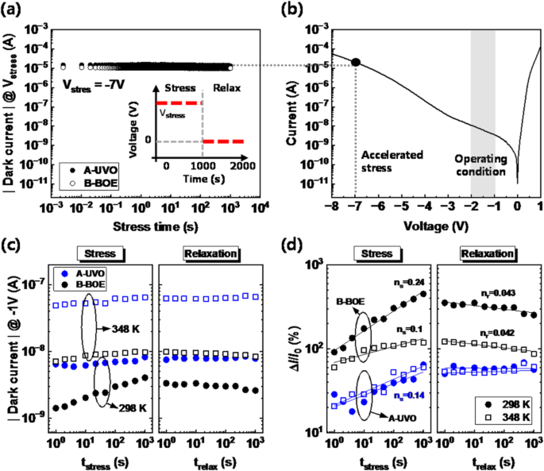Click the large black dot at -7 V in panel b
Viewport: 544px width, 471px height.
[357, 62]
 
